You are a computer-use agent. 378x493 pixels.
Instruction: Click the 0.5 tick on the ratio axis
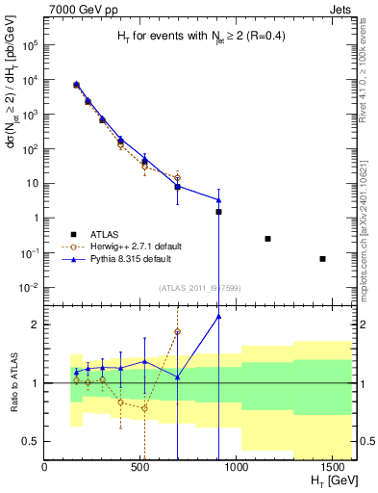(x=35, y=441)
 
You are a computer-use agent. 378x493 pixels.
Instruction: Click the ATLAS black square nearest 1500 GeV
(x=322, y=258)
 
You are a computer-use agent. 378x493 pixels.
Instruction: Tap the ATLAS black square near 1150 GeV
(x=267, y=239)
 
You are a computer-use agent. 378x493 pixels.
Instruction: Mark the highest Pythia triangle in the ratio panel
(x=219, y=316)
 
